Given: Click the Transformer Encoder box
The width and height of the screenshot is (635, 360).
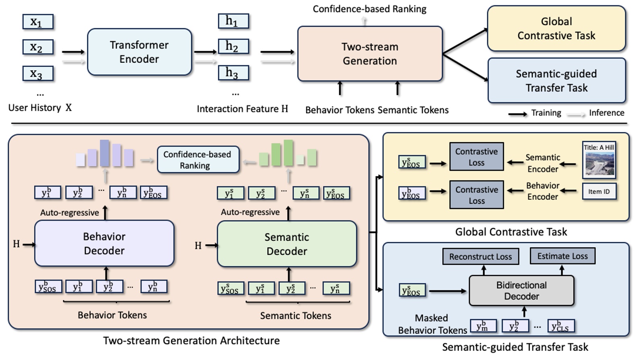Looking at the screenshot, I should (x=139, y=52).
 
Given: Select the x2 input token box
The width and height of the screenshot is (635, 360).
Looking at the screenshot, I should (x=38, y=48).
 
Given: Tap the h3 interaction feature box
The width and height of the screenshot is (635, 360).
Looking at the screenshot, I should (x=233, y=73).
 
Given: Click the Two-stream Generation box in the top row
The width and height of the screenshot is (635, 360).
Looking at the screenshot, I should (x=369, y=54).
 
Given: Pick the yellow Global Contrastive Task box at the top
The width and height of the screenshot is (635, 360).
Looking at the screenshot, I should (x=556, y=29).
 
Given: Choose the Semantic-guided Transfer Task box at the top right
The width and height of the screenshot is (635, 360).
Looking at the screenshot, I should (x=556, y=81).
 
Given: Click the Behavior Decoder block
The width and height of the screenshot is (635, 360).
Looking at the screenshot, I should (x=104, y=243).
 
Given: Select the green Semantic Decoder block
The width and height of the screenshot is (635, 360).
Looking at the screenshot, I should (x=287, y=244).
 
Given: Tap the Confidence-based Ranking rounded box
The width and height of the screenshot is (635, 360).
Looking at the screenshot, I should (x=198, y=160).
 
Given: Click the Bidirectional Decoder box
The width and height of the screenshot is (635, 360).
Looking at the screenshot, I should (x=521, y=291).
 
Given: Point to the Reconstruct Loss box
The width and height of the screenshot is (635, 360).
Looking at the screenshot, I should (x=480, y=257).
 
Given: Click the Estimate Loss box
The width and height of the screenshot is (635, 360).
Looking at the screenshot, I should (x=562, y=256).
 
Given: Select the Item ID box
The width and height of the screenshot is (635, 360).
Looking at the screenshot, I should (x=599, y=192).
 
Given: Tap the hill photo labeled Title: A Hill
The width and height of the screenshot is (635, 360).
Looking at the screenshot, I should (x=599, y=160).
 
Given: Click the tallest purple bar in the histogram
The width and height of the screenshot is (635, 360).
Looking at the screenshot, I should (x=105, y=153).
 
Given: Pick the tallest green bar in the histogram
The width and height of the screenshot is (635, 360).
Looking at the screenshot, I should (x=288, y=153).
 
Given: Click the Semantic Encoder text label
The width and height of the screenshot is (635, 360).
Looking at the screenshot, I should (x=542, y=163).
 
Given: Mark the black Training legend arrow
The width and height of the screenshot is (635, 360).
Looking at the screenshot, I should (x=517, y=114).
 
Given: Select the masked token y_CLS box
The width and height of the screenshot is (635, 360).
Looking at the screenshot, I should (x=561, y=326).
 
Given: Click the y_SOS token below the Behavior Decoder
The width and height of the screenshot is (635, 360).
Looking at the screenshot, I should (x=48, y=287).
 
